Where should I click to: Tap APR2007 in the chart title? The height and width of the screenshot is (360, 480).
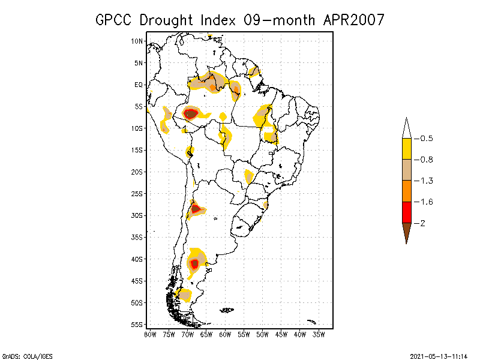[353, 20]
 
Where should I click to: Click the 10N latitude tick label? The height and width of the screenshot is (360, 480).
[137, 41]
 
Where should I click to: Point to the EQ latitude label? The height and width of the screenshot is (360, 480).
[139, 85]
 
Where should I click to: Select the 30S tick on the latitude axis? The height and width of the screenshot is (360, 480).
[137, 215]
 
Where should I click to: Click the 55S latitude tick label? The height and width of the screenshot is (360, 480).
[137, 325]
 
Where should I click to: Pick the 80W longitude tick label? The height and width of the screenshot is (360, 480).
[150, 334]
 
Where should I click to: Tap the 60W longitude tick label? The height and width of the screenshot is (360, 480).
[225, 334]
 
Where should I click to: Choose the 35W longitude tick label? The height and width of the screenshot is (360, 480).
[319, 334]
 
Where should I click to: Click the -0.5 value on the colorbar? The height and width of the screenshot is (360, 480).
[425, 139]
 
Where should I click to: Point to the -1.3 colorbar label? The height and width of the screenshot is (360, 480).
[425, 181]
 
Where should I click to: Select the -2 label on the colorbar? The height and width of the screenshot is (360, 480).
[422, 223]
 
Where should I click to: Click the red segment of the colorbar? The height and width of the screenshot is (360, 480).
[407, 212]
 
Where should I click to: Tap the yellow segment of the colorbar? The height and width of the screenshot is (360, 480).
[407, 149]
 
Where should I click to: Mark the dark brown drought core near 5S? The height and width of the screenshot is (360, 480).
[191, 113]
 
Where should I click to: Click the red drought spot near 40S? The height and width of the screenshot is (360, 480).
[194, 263]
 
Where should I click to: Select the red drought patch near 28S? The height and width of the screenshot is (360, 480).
[196, 209]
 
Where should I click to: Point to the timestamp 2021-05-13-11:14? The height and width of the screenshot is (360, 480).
[439, 355]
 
